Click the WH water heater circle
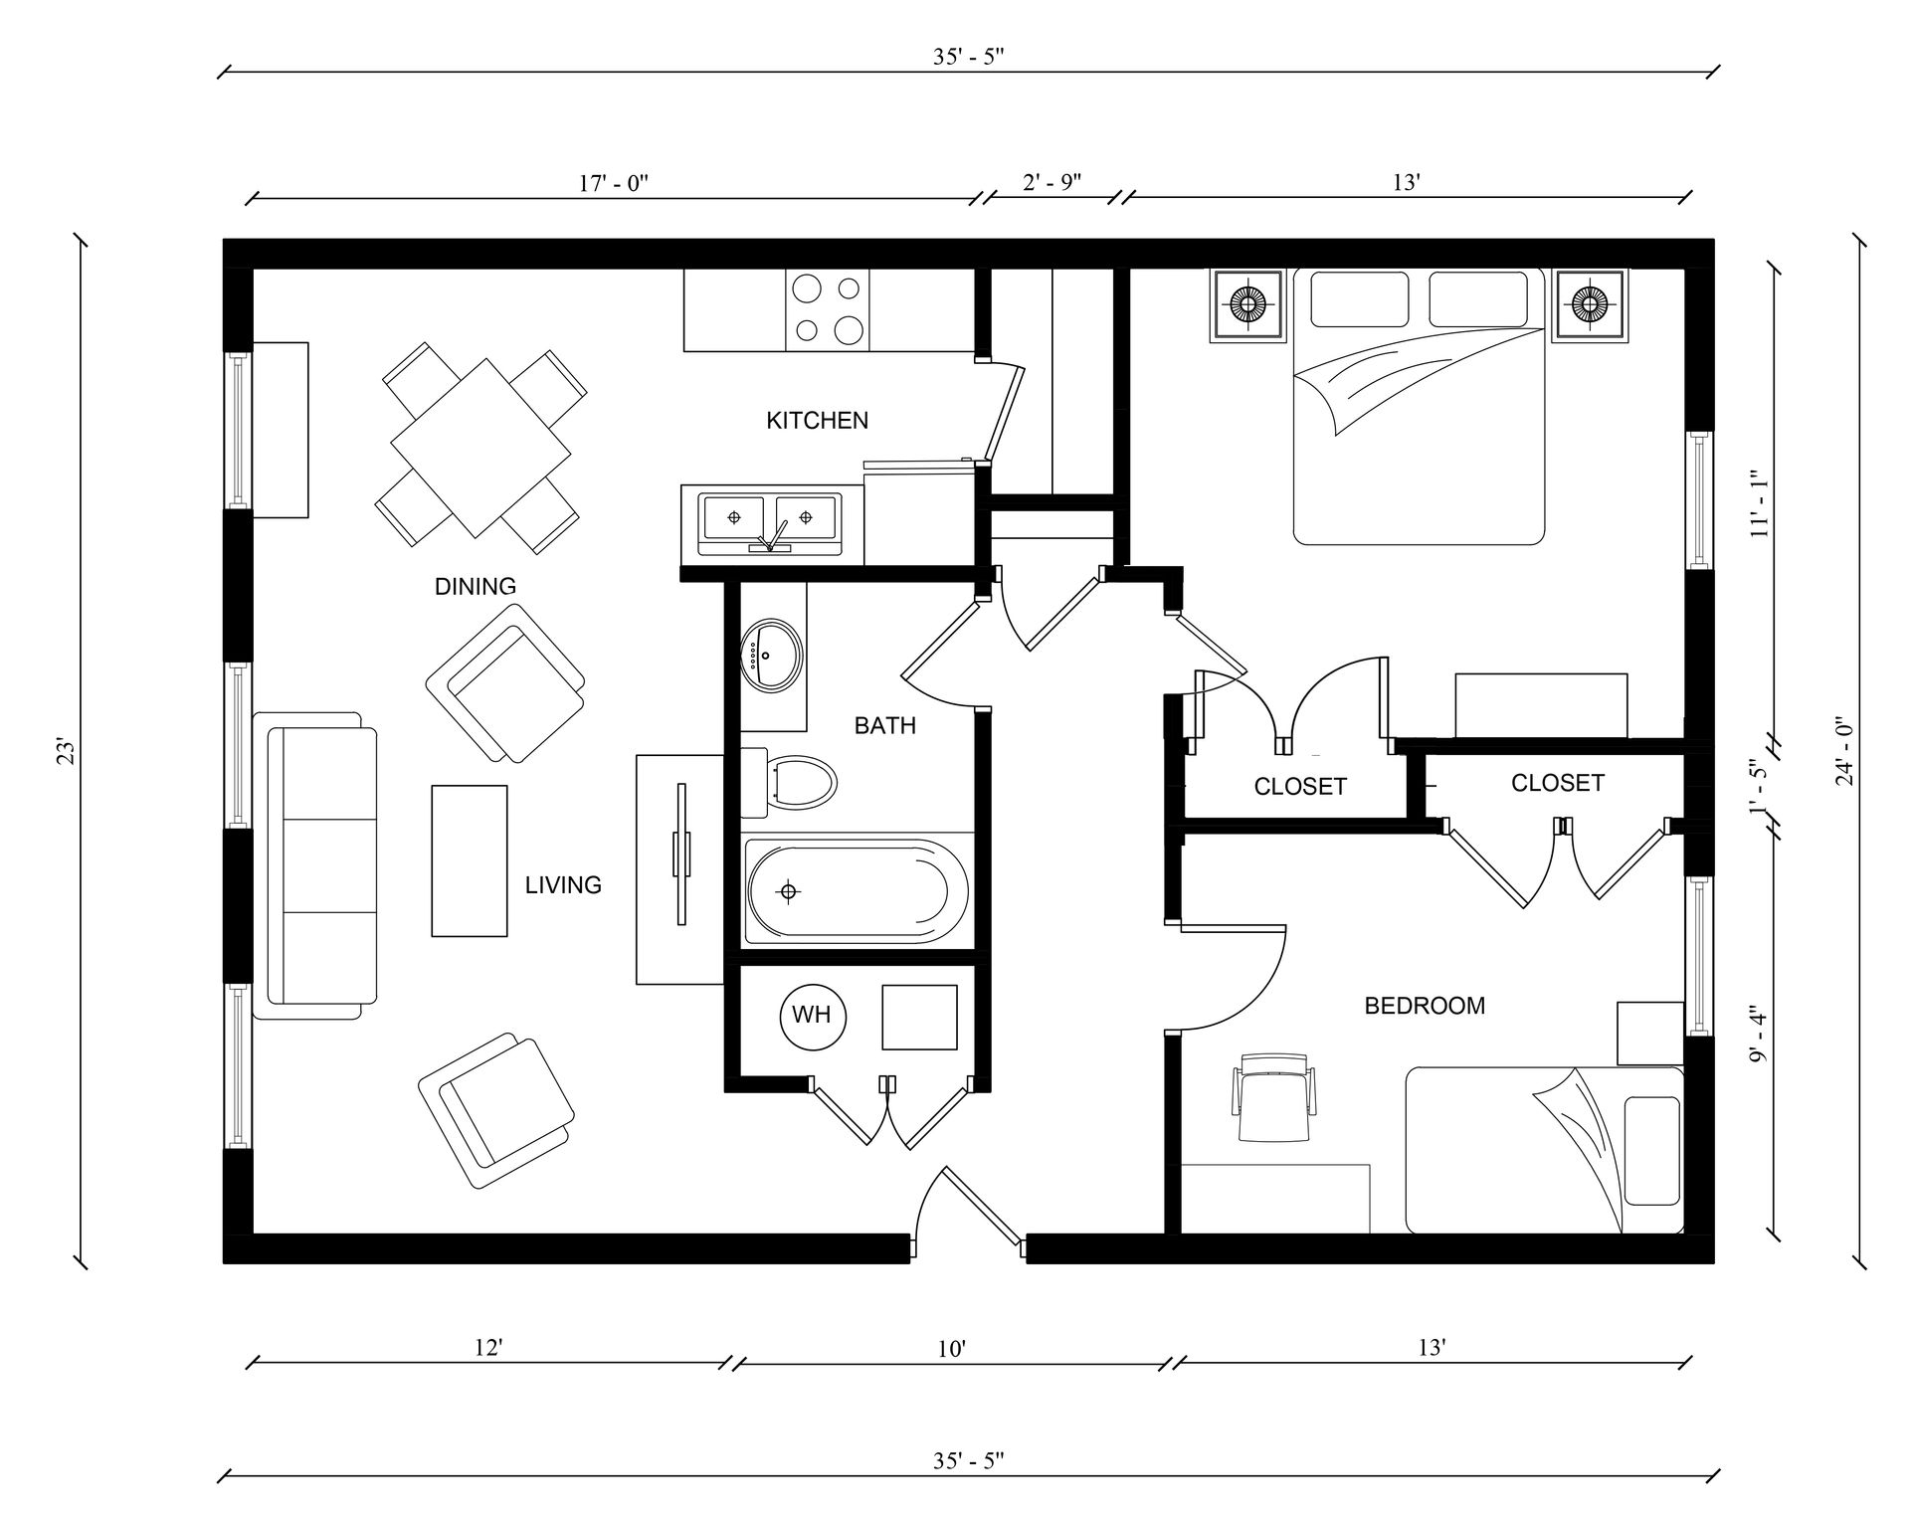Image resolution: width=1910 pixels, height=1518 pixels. (812, 1015)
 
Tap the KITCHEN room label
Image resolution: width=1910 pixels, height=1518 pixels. (817, 421)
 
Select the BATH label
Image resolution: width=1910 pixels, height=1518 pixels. (884, 726)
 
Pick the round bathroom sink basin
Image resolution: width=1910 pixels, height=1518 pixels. (770, 655)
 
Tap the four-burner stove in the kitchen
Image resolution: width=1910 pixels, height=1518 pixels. (828, 309)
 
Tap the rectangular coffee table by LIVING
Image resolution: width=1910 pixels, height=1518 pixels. (470, 860)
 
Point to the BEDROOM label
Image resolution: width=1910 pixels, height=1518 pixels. (1425, 1006)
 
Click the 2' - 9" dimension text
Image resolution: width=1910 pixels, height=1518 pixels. (1051, 182)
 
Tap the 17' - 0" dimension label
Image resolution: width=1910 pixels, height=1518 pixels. (614, 183)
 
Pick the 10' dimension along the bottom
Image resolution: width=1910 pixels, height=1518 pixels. (952, 1349)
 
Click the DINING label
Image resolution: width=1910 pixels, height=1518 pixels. (476, 587)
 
